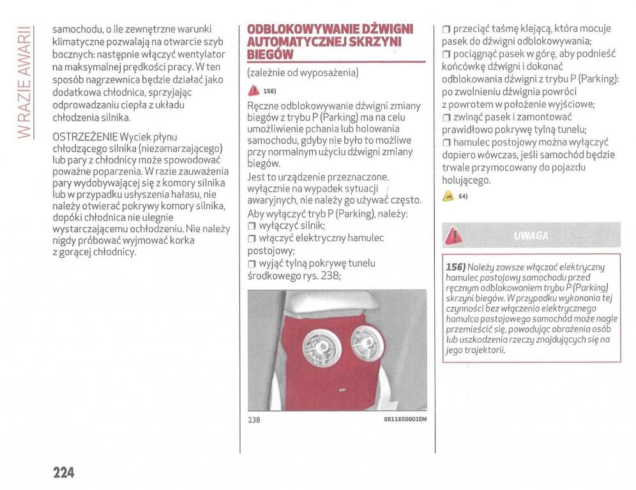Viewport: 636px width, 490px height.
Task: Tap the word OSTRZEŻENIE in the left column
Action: tap(85, 137)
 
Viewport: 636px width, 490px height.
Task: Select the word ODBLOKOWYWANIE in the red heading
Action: tap(294, 30)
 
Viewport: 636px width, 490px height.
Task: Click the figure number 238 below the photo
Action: tap(254, 420)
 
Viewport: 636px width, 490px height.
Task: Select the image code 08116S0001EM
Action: tap(405, 419)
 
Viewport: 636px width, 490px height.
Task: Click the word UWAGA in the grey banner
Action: tap(530, 235)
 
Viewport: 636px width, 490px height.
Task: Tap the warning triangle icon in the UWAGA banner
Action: tap(454, 235)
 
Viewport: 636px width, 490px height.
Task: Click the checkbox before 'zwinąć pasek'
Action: tap(446, 117)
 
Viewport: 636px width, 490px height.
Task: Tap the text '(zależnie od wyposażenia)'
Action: tap(303, 73)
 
